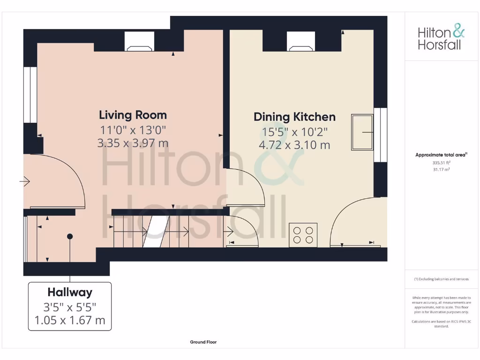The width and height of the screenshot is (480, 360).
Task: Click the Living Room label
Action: (133, 115)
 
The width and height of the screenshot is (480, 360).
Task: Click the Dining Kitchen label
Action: (294, 117)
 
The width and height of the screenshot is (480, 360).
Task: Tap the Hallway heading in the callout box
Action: (70, 292)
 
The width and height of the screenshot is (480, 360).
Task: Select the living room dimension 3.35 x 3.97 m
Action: (133, 143)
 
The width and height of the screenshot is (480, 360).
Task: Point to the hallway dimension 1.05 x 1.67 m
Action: (70, 321)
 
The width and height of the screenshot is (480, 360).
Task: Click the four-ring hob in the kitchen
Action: (303, 234)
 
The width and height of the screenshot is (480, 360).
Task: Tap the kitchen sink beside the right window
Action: (362, 132)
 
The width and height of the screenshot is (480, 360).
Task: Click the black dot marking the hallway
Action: (70, 236)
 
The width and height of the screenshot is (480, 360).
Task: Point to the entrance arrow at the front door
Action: (24, 181)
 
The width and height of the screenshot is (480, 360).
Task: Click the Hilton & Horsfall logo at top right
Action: (441, 38)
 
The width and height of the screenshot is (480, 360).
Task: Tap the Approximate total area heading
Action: (441, 155)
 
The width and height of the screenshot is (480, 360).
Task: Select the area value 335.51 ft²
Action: (441, 163)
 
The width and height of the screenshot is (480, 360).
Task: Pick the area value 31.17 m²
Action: (441, 170)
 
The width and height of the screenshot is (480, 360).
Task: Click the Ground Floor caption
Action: (203, 342)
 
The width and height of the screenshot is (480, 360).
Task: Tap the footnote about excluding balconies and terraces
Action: (441, 279)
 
